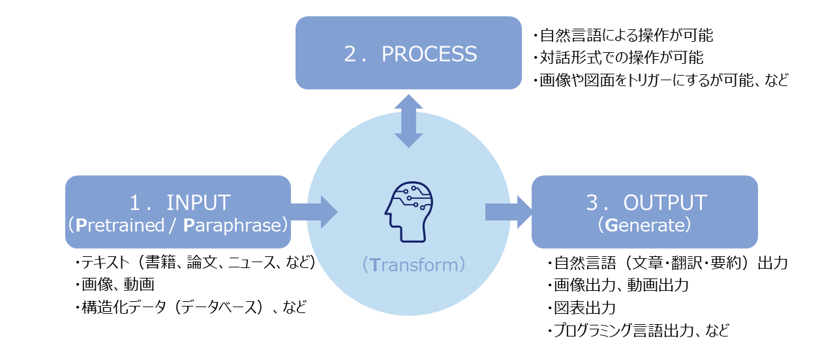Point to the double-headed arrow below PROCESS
[408, 121]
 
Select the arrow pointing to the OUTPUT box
[509, 212]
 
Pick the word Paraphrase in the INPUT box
[233, 225]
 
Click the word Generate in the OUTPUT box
[644, 225]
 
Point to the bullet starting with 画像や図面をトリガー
[660, 81]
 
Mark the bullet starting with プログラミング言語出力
[638, 330]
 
